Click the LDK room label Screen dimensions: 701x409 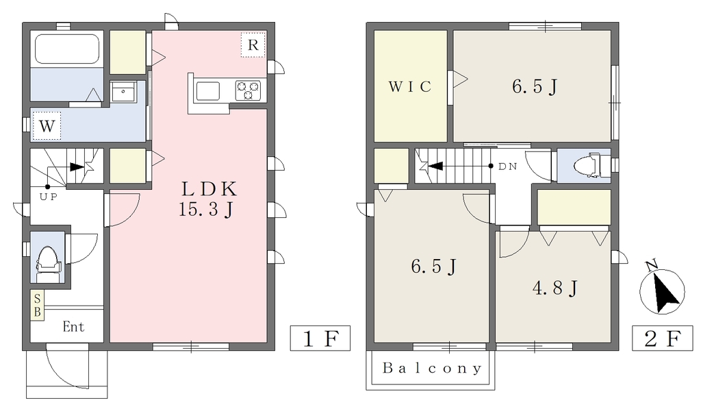[x=209, y=189]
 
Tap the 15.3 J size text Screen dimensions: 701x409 [x=205, y=209]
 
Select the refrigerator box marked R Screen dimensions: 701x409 [x=253, y=45]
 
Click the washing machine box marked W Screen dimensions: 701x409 [x=47, y=126]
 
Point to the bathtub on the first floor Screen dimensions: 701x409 [x=67, y=49]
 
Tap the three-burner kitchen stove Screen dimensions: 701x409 [x=248, y=90]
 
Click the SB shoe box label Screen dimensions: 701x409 [x=37, y=305]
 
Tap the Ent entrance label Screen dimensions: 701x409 [x=73, y=327]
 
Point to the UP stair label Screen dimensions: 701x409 [x=49, y=197]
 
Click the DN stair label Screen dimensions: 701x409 [x=508, y=166]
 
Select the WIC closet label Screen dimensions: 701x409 [x=410, y=86]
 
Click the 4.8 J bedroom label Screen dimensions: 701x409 [x=555, y=288]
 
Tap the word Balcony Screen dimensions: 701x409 [x=432, y=369]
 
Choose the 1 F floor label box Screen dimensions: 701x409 [x=320, y=338]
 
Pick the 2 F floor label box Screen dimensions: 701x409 [x=662, y=338]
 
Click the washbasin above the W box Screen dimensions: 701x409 [x=123, y=92]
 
